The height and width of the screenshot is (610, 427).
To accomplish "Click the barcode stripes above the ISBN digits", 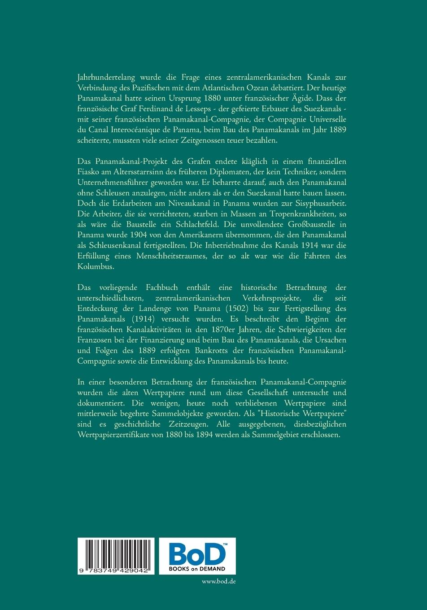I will coord(116,553).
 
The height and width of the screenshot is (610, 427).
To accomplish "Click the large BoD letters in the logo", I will coord(197,554).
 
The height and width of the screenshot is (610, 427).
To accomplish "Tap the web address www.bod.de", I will coord(218,581).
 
